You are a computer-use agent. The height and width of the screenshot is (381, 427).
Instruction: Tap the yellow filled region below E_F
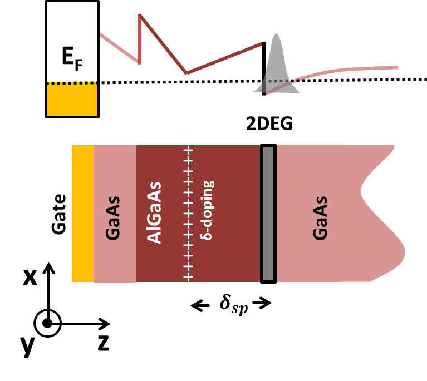[72, 100]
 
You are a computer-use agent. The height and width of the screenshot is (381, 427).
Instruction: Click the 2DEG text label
[269, 125]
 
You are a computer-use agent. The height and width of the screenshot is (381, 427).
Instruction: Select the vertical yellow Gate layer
[83, 213]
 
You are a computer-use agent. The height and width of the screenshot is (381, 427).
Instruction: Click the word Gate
[59, 213]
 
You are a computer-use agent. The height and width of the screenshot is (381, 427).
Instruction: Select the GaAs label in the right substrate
[321, 217]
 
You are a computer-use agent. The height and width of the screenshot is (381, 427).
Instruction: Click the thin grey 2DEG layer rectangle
[268, 213]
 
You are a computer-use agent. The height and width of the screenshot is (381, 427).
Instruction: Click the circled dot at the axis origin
[48, 323]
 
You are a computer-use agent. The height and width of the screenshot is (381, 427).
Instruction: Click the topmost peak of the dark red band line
[139, 14]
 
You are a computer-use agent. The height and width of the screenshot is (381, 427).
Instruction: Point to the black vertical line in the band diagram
[264, 67]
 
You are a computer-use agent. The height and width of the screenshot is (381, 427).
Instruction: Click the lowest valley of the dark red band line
[186, 73]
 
